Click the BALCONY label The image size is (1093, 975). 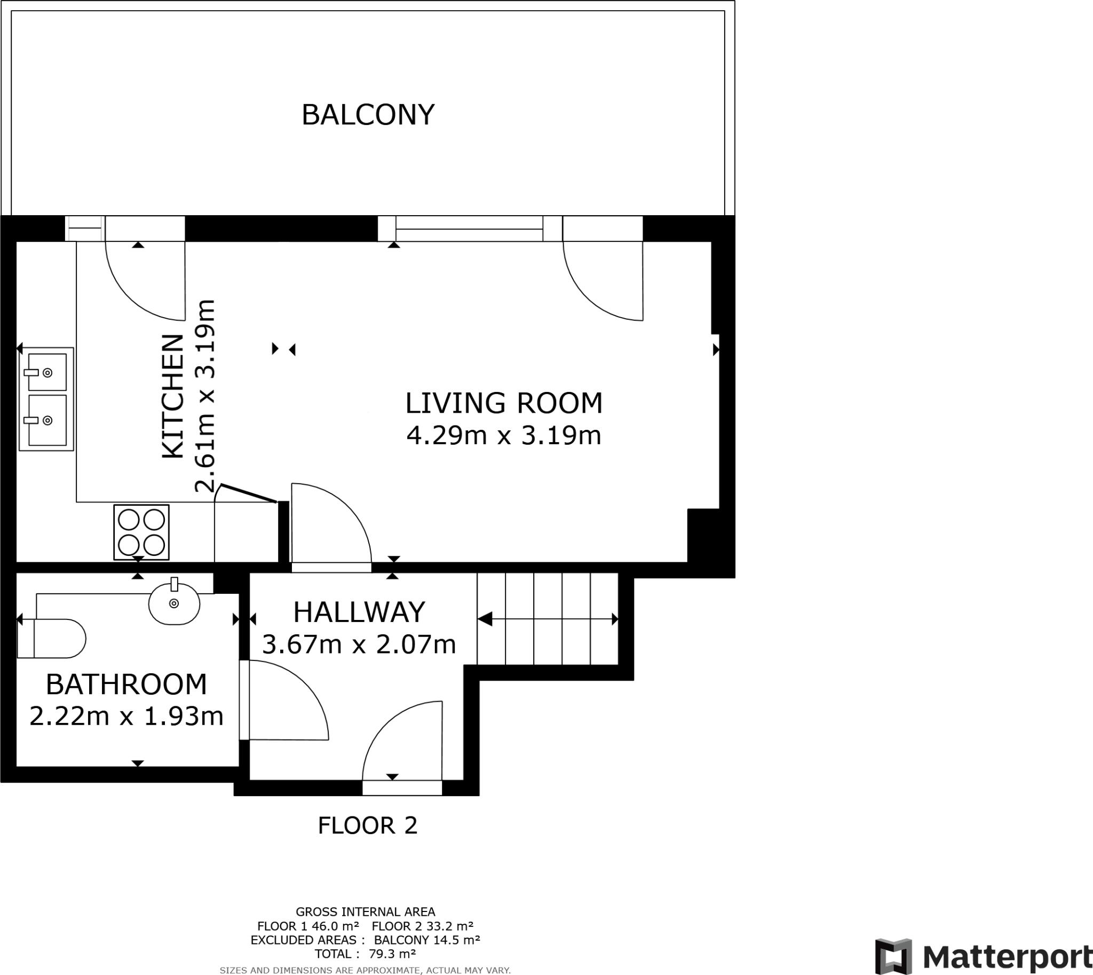368,115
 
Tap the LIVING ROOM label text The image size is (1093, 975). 504,403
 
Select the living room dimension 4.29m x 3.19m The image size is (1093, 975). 504,436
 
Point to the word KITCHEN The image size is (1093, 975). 173,396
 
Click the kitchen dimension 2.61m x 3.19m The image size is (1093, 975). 204,396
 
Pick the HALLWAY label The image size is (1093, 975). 359,612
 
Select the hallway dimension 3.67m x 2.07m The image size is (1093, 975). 359,644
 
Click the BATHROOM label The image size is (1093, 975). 126,684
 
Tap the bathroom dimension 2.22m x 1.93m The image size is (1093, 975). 126,716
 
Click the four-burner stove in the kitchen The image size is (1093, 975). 141,532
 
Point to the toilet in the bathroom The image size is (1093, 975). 51,639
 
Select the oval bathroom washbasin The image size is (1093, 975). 174,602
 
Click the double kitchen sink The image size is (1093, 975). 46,398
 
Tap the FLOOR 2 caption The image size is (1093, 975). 367,825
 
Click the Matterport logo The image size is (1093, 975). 983,956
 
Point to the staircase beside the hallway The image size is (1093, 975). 548,619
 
